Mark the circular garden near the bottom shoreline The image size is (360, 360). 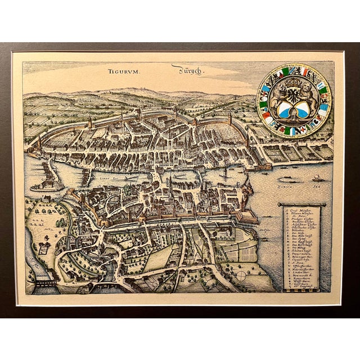click(241, 276)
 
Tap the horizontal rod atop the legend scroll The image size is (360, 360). click(301, 204)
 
